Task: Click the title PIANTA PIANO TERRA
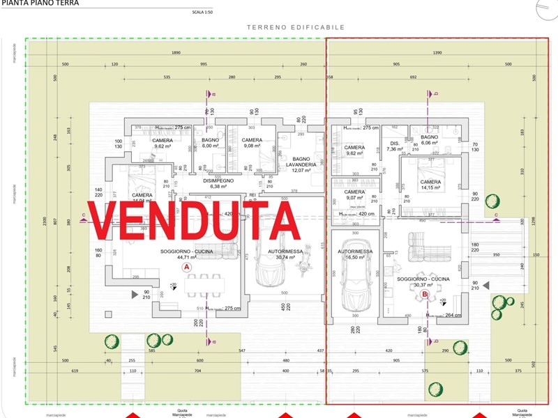(x=40, y=3)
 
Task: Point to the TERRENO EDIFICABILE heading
(x=296, y=27)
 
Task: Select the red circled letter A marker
(x=186, y=267)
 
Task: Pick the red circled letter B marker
(x=424, y=295)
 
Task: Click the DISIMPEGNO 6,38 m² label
(x=214, y=183)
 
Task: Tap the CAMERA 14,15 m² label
(x=430, y=185)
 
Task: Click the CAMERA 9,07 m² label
(x=354, y=194)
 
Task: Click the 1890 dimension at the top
(x=176, y=53)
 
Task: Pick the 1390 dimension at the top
(x=437, y=53)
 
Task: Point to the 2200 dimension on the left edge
(x=43, y=222)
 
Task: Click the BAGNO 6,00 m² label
(x=211, y=143)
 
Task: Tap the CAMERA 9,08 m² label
(x=252, y=143)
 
